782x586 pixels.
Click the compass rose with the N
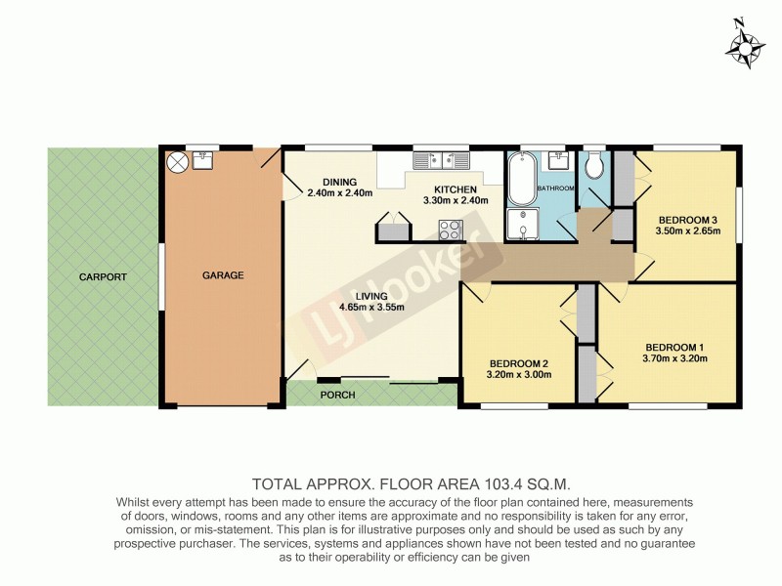pyautogui.click(x=746, y=45)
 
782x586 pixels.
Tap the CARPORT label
pyautogui.click(x=104, y=277)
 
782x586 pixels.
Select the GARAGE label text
pyautogui.click(x=223, y=275)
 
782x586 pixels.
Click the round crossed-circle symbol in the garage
pyautogui.click(x=178, y=162)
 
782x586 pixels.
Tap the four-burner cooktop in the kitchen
pyautogui.click(x=451, y=230)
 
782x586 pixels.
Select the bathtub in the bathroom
pyautogui.click(x=520, y=179)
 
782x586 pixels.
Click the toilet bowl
pyautogui.click(x=593, y=167)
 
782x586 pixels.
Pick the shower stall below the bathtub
pyautogui.click(x=523, y=225)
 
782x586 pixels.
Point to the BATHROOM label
pyautogui.click(x=555, y=187)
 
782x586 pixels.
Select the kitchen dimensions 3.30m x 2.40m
pyautogui.click(x=449, y=200)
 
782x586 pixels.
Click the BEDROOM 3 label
pyautogui.click(x=687, y=219)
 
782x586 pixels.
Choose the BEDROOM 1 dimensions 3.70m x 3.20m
pyautogui.click(x=674, y=358)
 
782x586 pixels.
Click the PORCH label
pyautogui.click(x=337, y=395)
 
